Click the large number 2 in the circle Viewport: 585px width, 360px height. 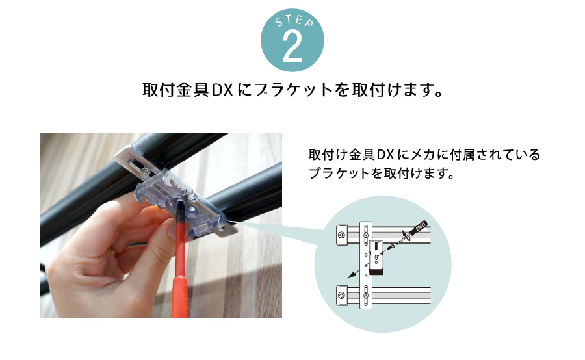(292, 47)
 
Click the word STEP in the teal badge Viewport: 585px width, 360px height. (294, 21)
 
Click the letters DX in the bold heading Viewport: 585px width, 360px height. (223, 90)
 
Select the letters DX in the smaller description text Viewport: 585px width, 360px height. (385, 155)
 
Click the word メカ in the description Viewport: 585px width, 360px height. (423, 155)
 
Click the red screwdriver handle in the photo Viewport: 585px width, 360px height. (180, 268)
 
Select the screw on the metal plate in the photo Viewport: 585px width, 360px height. (145, 171)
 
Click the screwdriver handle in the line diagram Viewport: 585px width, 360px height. (419, 227)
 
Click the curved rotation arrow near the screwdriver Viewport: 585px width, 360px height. (406, 235)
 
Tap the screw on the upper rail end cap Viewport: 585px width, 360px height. (341, 235)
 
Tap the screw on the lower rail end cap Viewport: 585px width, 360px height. (341, 296)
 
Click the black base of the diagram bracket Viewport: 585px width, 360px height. (376, 271)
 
